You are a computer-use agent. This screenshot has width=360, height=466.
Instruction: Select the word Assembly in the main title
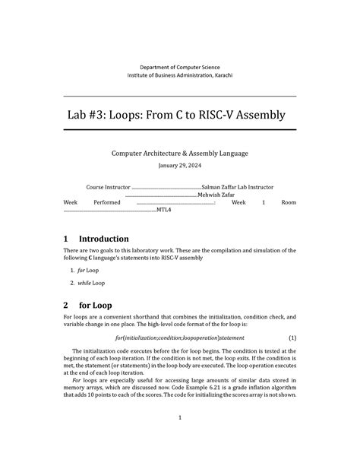(251, 115)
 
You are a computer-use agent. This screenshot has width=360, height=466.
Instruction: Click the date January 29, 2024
(179, 166)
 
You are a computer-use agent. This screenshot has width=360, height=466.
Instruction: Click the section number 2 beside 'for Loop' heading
(66, 306)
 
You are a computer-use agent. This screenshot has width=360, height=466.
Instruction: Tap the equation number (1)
(292, 337)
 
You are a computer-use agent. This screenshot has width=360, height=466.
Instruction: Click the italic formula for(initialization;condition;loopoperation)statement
(179, 337)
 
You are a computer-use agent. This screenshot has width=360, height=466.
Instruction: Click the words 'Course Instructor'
(108, 186)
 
